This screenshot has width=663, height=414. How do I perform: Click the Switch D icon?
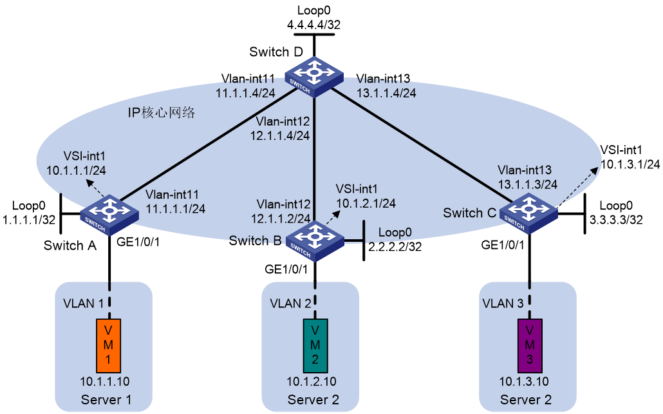313,77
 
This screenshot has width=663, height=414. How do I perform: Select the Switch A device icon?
109,215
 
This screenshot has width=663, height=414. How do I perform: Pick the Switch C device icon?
528,213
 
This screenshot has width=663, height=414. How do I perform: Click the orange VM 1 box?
108,346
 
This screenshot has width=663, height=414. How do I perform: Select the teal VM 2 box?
315,346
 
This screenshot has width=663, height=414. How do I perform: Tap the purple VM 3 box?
530,346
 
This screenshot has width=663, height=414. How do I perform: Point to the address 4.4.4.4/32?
313,25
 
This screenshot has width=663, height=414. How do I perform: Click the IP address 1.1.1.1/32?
29,219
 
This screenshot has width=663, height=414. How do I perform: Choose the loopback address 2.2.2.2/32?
395,246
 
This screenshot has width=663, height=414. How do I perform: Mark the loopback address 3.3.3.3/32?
616,219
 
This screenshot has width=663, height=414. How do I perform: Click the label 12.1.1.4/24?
280,135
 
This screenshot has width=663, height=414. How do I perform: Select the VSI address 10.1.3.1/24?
630,164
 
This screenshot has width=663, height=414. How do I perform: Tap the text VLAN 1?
83,303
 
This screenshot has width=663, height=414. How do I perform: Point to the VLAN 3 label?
503,303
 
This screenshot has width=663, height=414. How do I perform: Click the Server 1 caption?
106,400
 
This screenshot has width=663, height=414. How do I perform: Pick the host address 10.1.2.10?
312,381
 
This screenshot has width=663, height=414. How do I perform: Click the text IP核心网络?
162,112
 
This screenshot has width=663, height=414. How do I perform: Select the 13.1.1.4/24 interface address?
386,93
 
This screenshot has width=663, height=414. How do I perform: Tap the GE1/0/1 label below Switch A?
138,242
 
